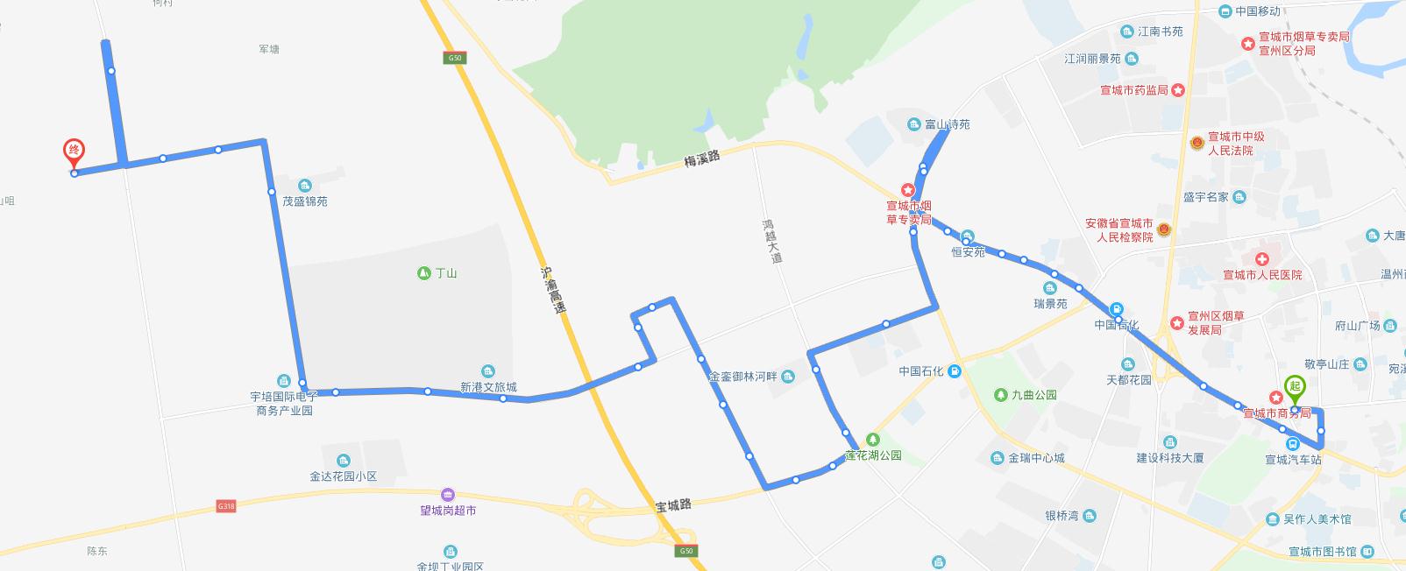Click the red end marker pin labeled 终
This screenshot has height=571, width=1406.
pos(75,152)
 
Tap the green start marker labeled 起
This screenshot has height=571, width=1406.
pos(1294,386)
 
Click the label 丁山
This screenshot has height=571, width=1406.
pos(445,273)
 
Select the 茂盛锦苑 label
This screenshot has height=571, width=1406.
pos(305,201)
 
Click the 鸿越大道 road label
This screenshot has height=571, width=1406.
pos(771,241)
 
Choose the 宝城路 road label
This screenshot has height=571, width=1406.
pos(673,505)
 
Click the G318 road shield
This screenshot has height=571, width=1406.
pos(226,506)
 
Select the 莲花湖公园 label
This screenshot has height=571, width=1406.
pos(873,455)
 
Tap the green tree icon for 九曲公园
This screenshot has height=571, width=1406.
pos(1001,395)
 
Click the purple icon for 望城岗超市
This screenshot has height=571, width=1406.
pos(448,495)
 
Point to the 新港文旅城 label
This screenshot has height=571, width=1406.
pos(488,387)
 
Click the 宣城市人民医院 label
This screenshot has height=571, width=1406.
pos(1262,275)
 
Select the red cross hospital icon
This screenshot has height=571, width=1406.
pos(1261,260)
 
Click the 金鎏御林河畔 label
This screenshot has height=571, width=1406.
pos(742,377)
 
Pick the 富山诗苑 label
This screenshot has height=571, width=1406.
pos(948,124)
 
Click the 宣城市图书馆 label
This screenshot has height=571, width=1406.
pos(1323,551)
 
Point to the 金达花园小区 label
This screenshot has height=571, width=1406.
pos(343,476)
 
